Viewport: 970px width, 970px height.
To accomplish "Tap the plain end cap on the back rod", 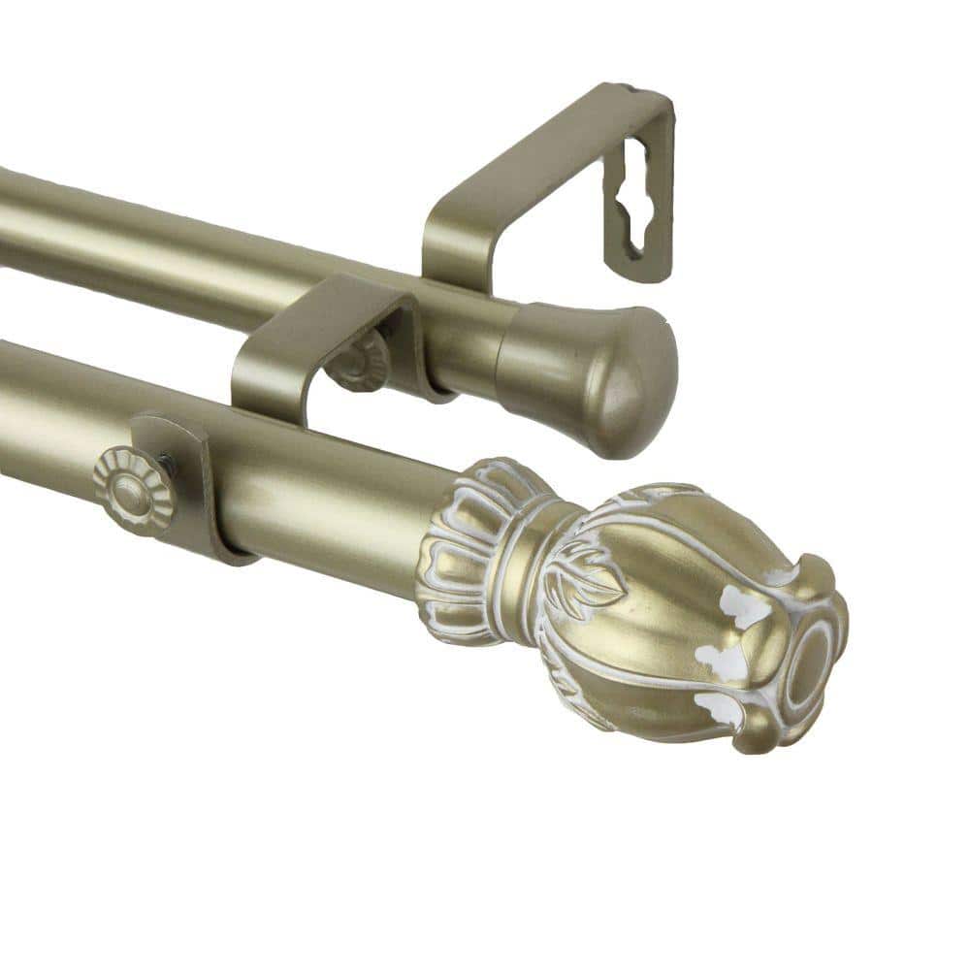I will tap(582, 373).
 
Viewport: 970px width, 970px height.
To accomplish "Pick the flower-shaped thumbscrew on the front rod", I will tap(133, 489).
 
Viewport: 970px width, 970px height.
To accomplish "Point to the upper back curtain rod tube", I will tap(194, 247).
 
